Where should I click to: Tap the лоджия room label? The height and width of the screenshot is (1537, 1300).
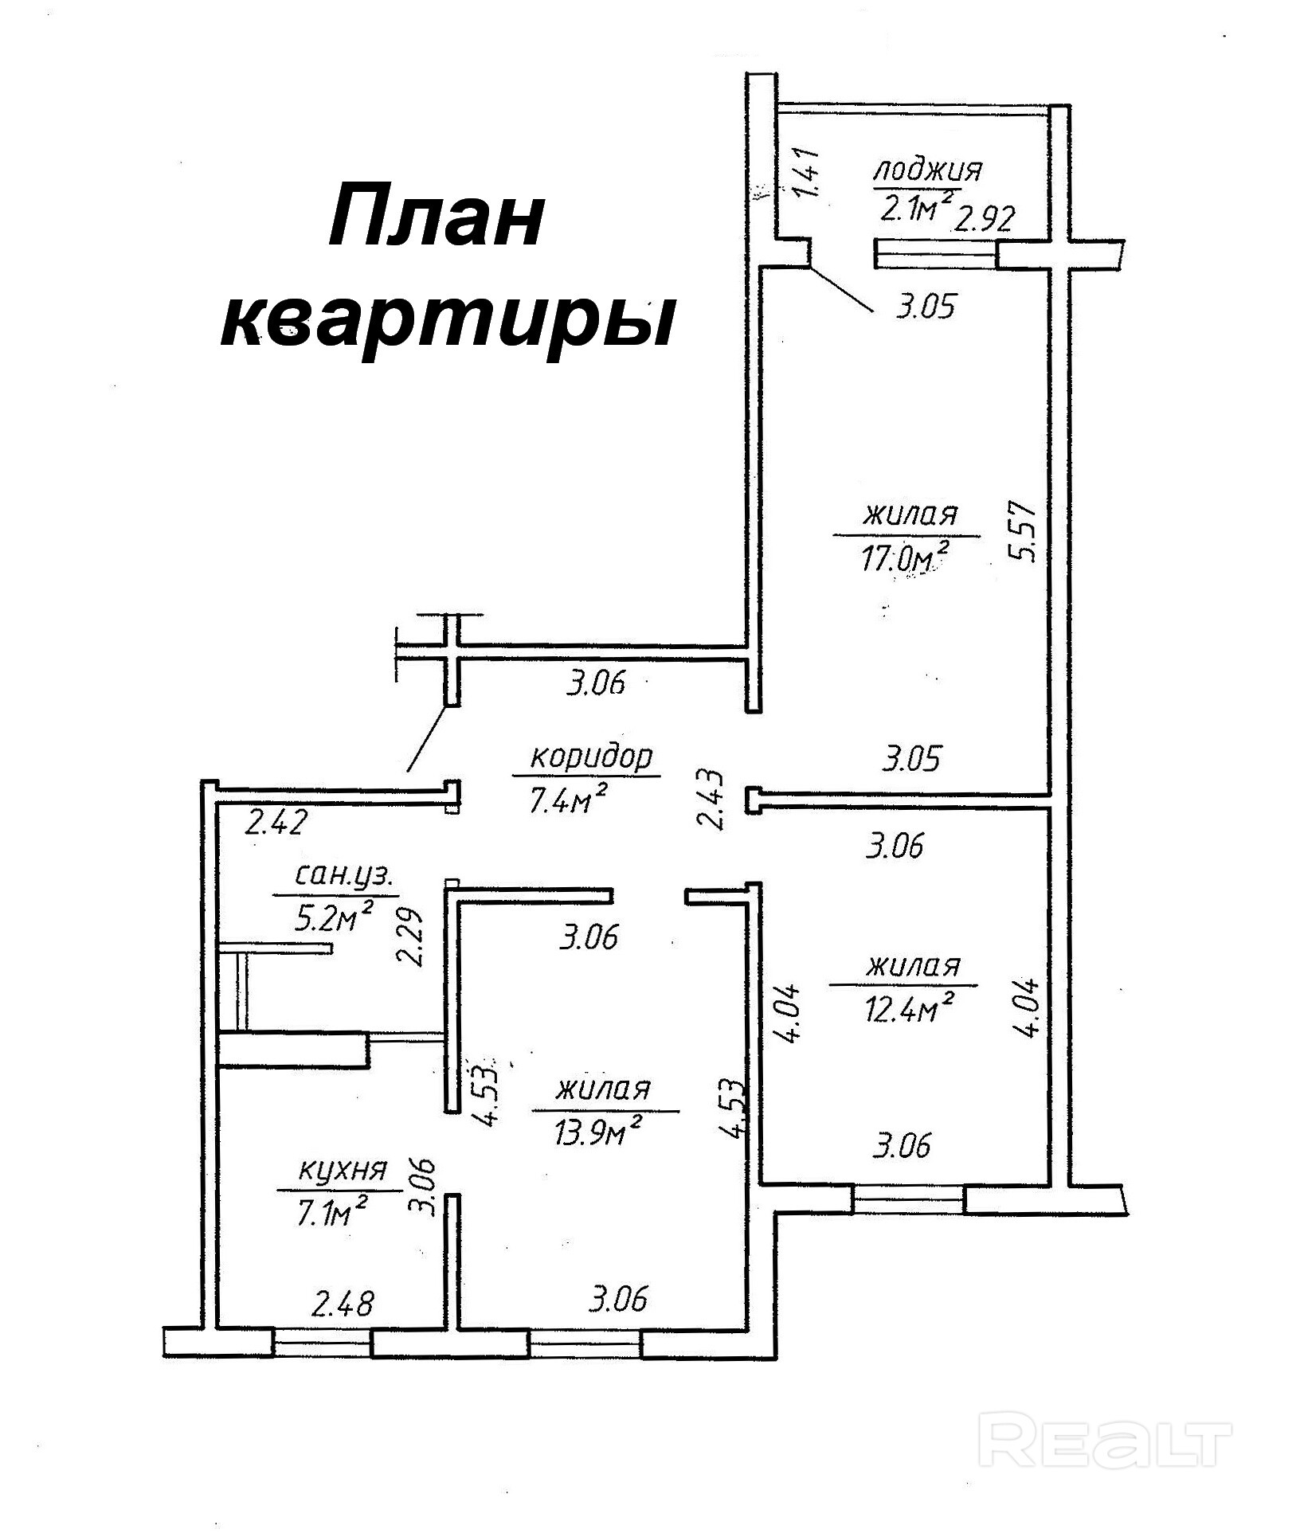click(x=927, y=170)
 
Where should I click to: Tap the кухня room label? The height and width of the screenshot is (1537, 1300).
click(x=343, y=1171)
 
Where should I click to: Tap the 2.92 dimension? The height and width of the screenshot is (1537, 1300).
click(x=985, y=218)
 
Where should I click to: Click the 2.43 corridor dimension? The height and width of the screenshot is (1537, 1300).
click(x=711, y=800)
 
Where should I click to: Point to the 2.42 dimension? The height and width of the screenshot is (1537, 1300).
click(x=275, y=821)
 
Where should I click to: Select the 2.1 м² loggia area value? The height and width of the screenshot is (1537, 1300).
click(x=914, y=209)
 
